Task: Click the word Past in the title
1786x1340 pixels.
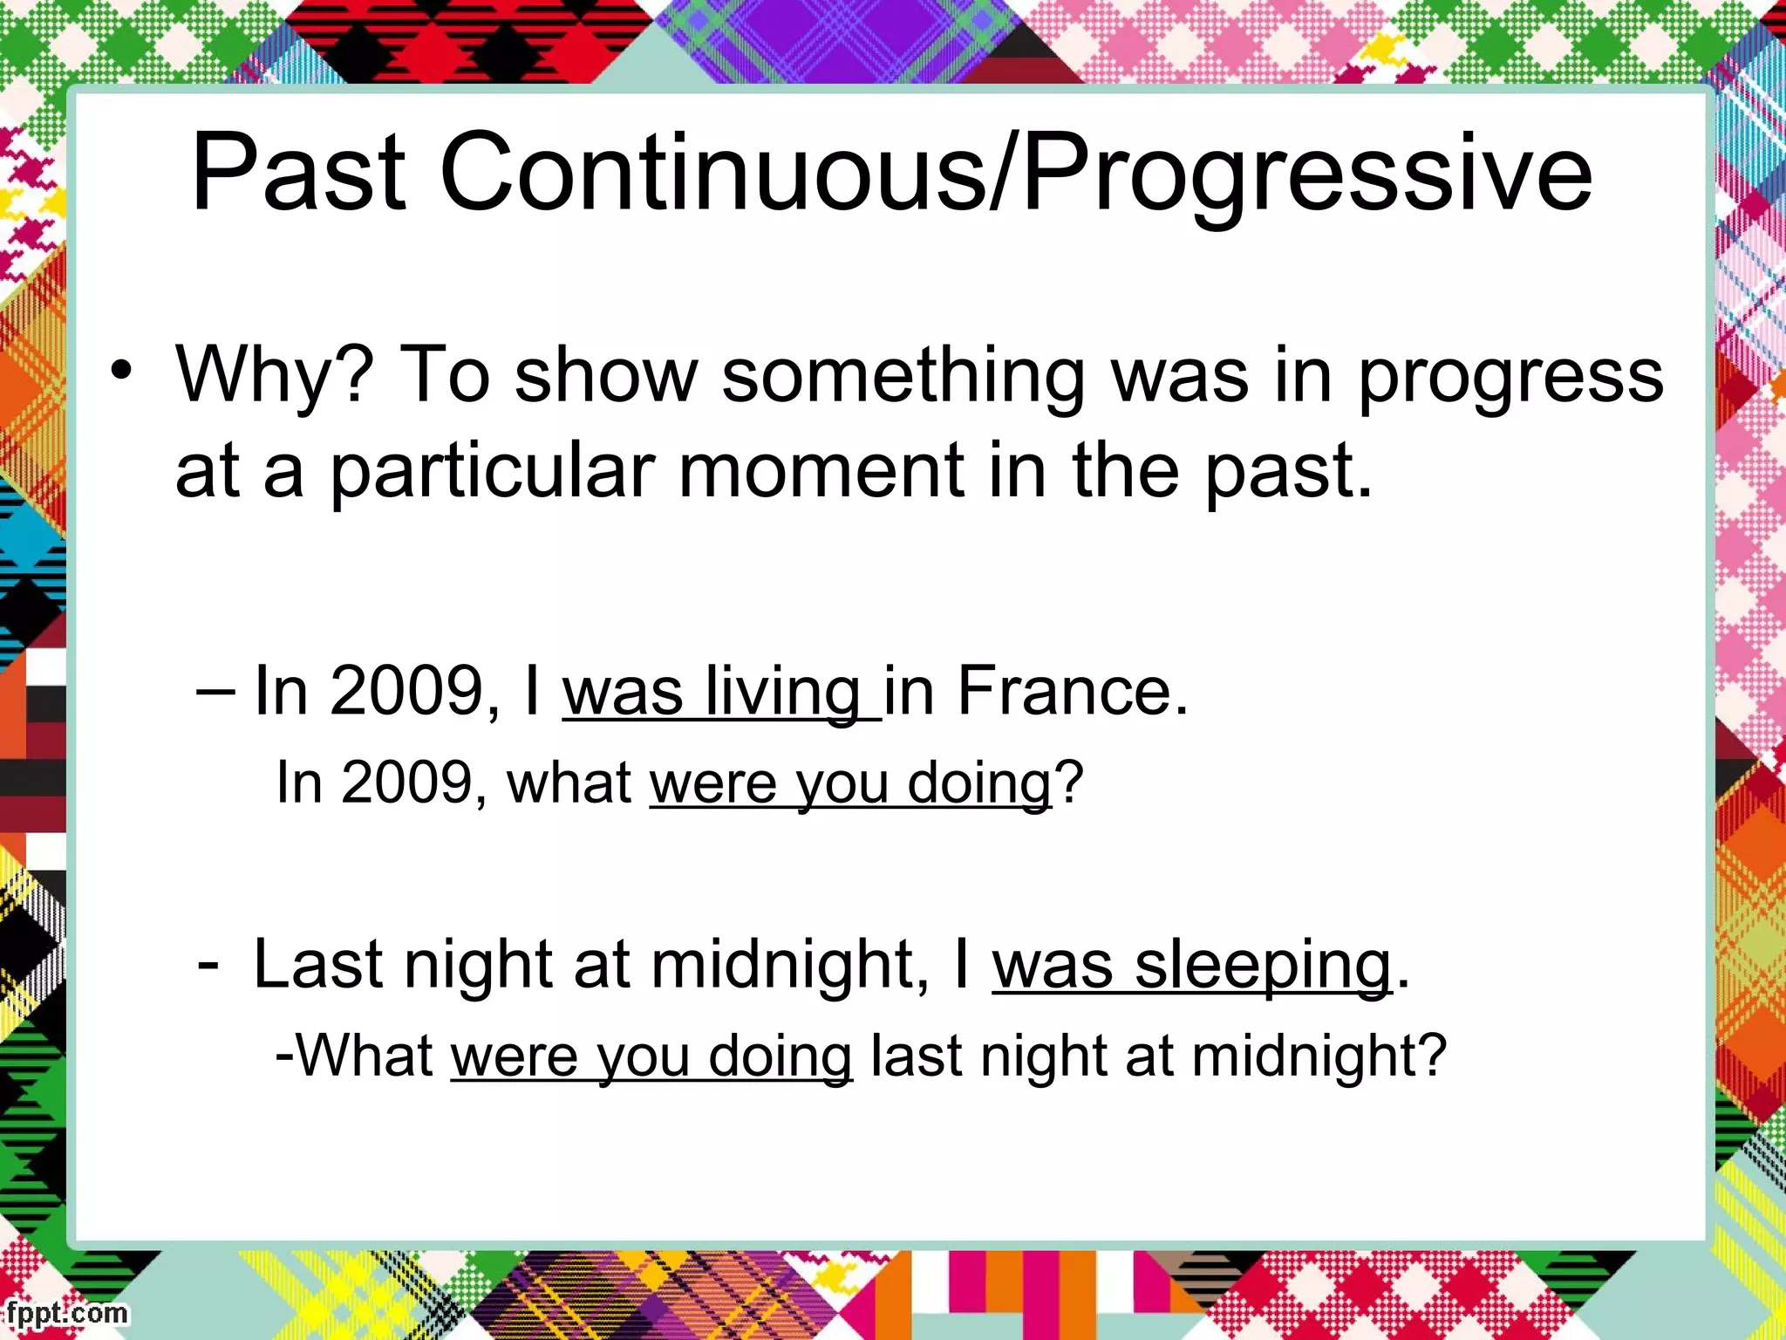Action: (x=298, y=173)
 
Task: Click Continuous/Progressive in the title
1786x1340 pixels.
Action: (x=1016, y=173)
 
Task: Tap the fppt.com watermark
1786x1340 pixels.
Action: (x=66, y=1313)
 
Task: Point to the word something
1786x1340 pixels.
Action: (x=903, y=375)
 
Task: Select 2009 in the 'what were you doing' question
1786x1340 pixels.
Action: (x=406, y=783)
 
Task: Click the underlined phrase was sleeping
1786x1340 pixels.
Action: (x=1191, y=965)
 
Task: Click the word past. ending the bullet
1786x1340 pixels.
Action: (x=1289, y=471)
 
